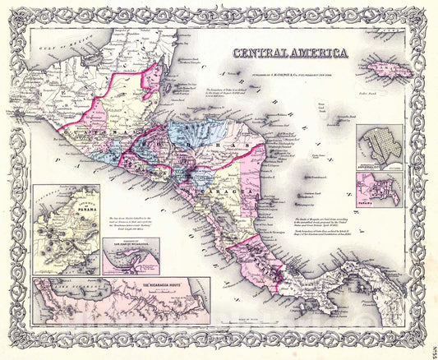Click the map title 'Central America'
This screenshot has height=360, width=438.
point(289,54)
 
